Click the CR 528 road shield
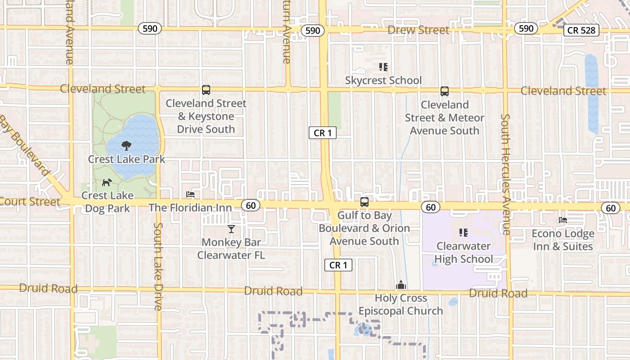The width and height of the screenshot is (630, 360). point(581,30)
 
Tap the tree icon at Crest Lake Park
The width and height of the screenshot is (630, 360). point(126,145)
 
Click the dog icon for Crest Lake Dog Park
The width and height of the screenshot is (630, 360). point(107,182)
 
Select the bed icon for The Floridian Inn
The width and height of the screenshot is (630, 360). point(190,194)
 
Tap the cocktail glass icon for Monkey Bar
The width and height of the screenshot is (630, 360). point(231,229)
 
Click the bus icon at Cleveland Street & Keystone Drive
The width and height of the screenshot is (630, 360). point(206,90)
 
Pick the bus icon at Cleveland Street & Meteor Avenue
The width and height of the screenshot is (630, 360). point(445,91)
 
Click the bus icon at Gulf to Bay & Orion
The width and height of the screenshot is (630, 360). point(364,202)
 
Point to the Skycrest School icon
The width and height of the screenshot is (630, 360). point(383,67)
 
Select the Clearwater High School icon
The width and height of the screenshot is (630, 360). point(463,233)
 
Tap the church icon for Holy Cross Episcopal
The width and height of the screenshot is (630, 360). point(400,285)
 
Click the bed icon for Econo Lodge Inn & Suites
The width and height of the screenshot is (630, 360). point(562,220)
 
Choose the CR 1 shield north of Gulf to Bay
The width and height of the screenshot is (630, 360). point(323,133)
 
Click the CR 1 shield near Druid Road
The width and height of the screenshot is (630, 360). point(338,265)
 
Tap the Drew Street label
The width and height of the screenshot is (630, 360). point(418,30)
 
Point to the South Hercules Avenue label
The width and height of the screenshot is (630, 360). point(506,174)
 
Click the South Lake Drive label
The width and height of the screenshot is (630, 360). point(158,266)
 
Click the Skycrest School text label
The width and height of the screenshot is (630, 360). point(383,81)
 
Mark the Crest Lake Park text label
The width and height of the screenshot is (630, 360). point(126,159)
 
